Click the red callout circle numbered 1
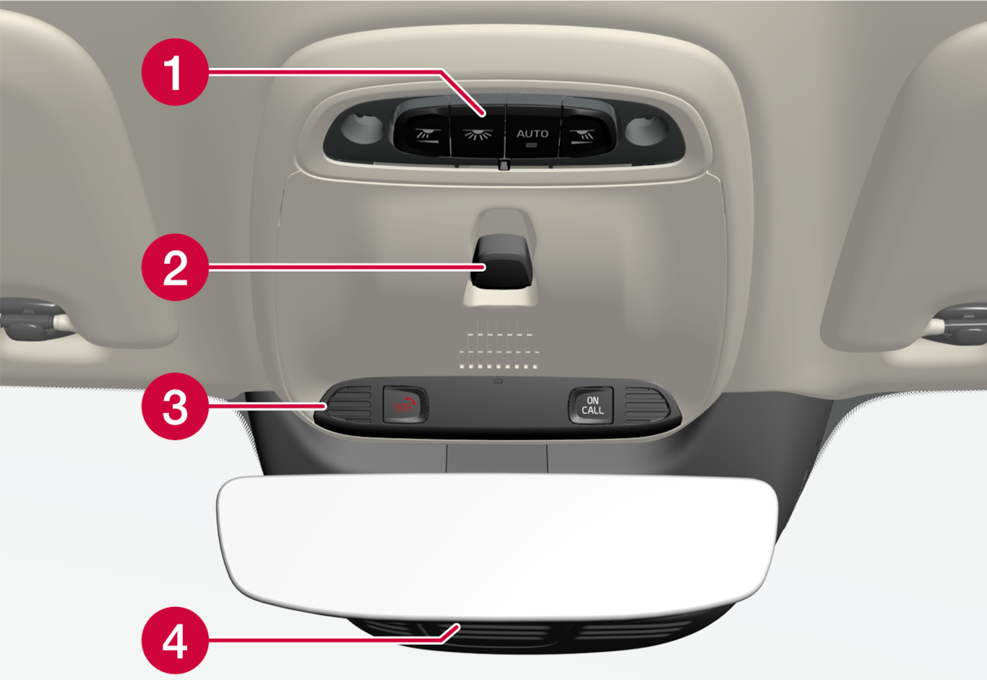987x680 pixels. [x=175, y=72]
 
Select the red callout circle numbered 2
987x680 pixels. [x=175, y=267]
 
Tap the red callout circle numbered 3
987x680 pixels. [x=175, y=406]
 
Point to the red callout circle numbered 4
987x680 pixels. [x=175, y=640]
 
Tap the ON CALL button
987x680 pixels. [x=591, y=405]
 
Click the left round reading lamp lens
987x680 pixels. [x=362, y=128]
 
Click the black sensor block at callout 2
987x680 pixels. [x=501, y=261]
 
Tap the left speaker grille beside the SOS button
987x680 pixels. [x=348, y=405]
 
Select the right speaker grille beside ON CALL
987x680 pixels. [x=647, y=405]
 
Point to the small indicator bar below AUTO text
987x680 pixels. [x=533, y=145]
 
